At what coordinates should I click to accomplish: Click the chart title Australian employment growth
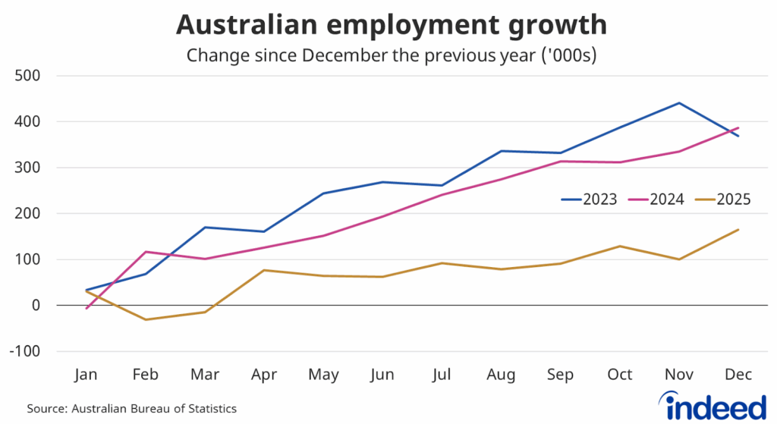click(391, 25)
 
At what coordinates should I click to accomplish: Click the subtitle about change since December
click(392, 55)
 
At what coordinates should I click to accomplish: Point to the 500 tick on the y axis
click(31, 76)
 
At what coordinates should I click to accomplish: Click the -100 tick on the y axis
click(29, 351)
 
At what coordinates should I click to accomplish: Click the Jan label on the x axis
click(87, 375)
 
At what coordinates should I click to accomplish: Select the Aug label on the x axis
click(502, 375)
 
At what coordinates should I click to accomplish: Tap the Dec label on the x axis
click(738, 375)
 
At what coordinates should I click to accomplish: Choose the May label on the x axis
click(323, 375)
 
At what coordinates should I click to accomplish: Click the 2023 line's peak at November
click(679, 103)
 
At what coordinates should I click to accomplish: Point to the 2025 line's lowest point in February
click(146, 319)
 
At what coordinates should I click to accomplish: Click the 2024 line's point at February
click(146, 252)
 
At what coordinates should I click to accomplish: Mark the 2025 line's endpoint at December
click(738, 230)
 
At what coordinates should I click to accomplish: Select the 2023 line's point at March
click(205, 228)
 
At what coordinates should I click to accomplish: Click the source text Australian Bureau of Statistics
click(132, 409)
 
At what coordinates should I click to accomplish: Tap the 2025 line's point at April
click(264, 270)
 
